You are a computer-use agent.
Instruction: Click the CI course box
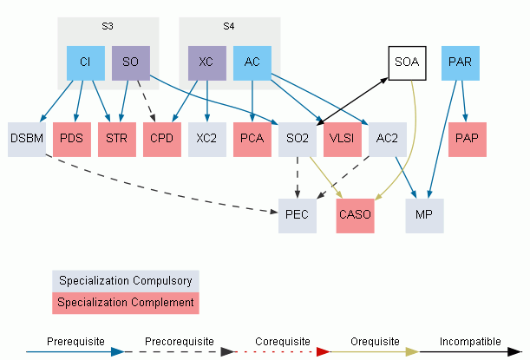point(86,63)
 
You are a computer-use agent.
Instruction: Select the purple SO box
point(131,63)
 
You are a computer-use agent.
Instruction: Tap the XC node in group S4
point(207,63)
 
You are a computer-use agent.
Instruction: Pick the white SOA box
point(408,63)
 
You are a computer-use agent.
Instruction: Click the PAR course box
point(461,63)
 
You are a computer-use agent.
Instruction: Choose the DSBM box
point(27,140)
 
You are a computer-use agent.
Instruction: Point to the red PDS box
point(72,140)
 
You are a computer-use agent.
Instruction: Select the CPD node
point(162,140)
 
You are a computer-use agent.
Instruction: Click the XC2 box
point(207,140)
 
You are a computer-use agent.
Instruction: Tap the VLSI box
point(343,140)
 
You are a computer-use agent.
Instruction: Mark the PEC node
point(298,216)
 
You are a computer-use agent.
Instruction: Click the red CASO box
point(356,216)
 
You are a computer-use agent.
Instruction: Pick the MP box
point(424,216)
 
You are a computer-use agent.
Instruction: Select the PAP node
point(468,140)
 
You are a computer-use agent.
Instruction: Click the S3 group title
point(108,26)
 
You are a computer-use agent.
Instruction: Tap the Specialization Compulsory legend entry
point(126,281)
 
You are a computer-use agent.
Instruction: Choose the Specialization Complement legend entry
point(126,303)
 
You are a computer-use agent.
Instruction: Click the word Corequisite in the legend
point(283,342)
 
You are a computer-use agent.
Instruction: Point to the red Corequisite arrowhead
point(324,352)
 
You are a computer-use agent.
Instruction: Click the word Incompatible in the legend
point(470,342)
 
